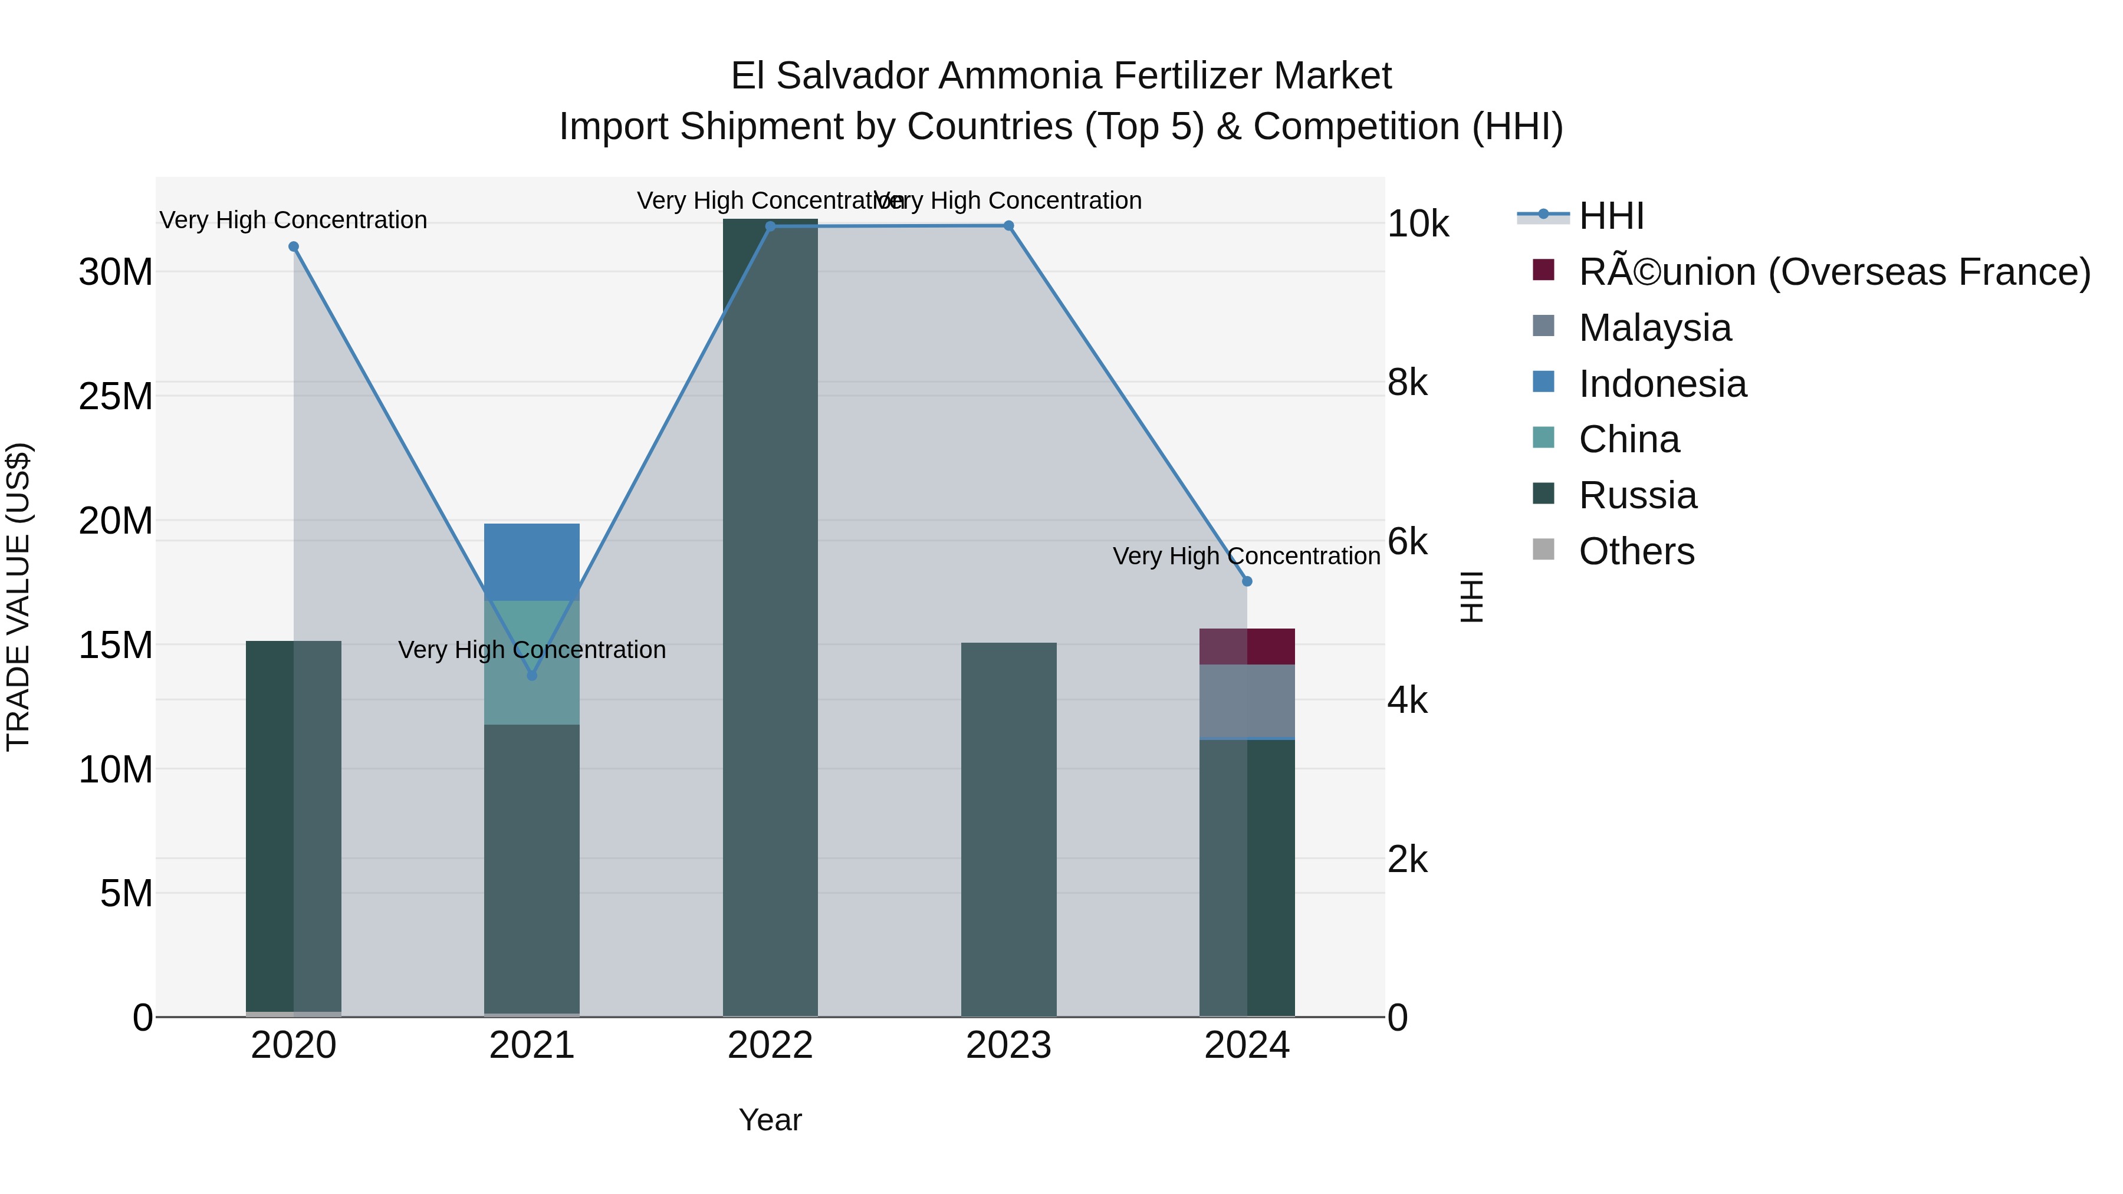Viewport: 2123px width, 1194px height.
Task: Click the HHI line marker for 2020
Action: [294, 246]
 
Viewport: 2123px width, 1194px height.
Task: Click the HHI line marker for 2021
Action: [531, 676]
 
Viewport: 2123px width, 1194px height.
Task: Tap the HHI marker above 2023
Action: [1009, 226]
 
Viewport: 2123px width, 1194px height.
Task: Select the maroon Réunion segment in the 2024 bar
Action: [1247, 646]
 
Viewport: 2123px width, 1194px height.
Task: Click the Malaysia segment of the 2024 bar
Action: [1247, 700]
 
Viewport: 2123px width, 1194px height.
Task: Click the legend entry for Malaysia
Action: [1654, 328]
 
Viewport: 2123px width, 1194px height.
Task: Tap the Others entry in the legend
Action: [1636, 551]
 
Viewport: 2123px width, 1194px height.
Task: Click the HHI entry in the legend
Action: [1611, 216]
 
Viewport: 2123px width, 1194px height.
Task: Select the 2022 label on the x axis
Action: [770, 1045]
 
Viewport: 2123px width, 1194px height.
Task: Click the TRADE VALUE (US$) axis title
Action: [18, 597]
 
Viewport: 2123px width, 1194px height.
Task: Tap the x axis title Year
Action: [770, 1120]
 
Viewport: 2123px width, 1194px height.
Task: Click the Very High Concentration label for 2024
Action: [1246, 556]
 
